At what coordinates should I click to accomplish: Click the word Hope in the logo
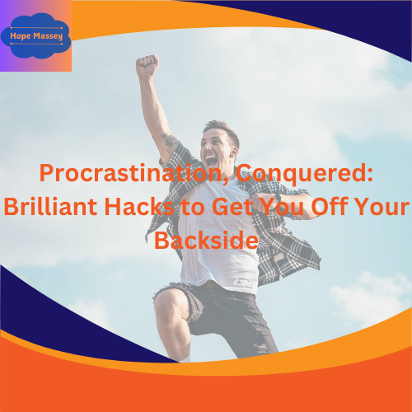point(21,36)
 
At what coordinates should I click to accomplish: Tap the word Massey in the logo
point(48,36)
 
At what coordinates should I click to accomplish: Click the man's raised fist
point(147,66)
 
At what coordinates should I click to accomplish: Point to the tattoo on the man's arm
point(170,143)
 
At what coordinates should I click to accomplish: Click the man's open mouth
point(211,161)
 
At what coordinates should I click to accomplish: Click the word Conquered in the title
point(305,174)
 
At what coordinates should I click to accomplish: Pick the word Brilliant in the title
point(50,207)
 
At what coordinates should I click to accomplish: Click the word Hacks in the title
point(139,207)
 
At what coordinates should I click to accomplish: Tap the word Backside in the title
point(206,241)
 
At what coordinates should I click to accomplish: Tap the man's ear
point(234,152)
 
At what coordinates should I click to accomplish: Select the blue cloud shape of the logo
point(35,35)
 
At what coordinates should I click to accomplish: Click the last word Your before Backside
point(385,207)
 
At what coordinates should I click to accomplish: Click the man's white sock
point(185,358)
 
